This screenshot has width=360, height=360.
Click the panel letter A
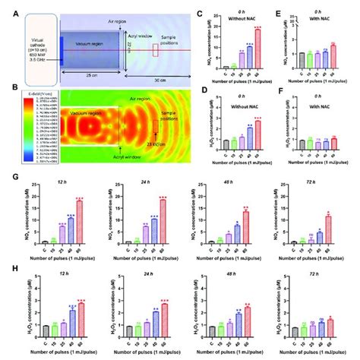(5, 8)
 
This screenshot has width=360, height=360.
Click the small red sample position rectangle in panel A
(156, 51)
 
